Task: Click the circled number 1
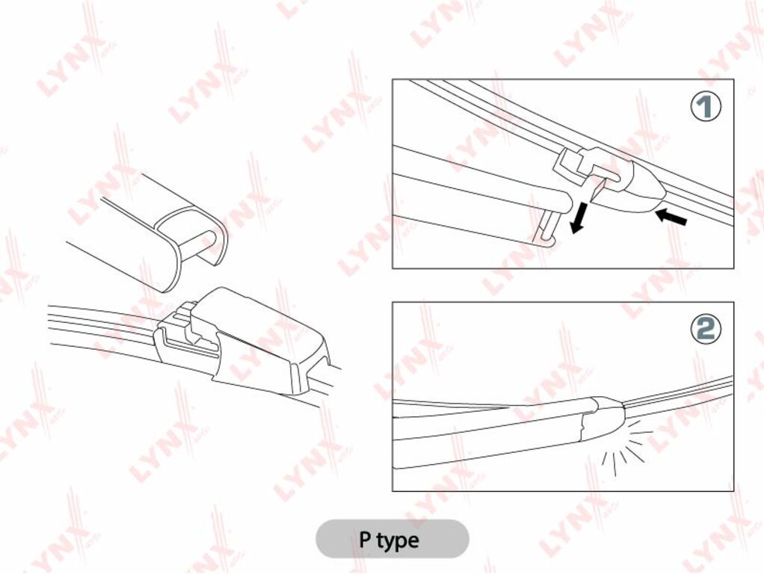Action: point(706,106)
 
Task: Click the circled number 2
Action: point(706,329)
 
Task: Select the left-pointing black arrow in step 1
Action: point(671,216)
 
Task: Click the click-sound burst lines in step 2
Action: point(625,449)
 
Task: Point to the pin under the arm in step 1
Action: point(546,227)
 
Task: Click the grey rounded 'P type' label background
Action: point(392,539)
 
